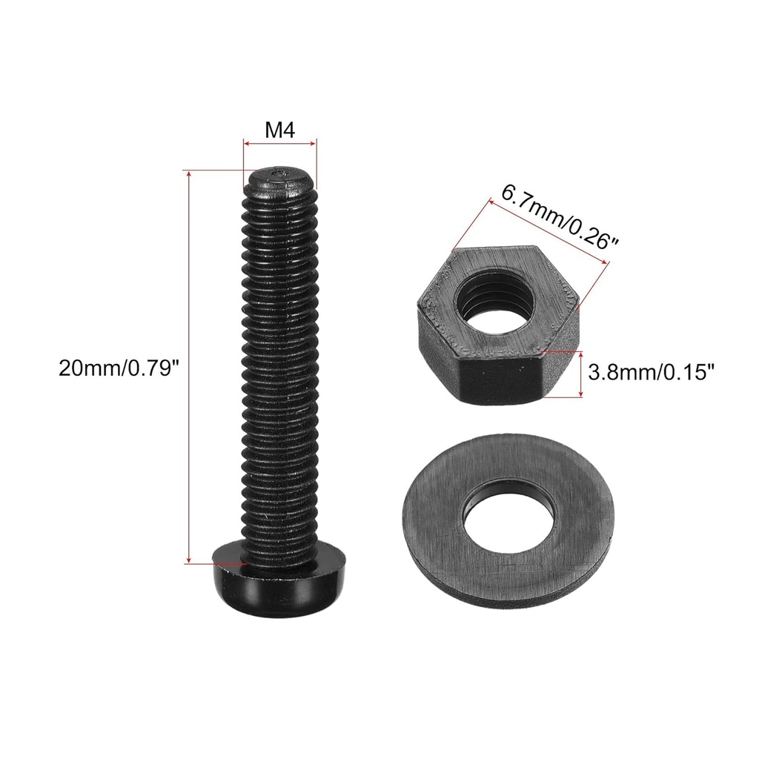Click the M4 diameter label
(x=280, y=130)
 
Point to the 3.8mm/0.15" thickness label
(x=650, y=371)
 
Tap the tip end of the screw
(x=280, y=178)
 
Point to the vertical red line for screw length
(x=190, y=367)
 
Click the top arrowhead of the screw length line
(x=190, y=174)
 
